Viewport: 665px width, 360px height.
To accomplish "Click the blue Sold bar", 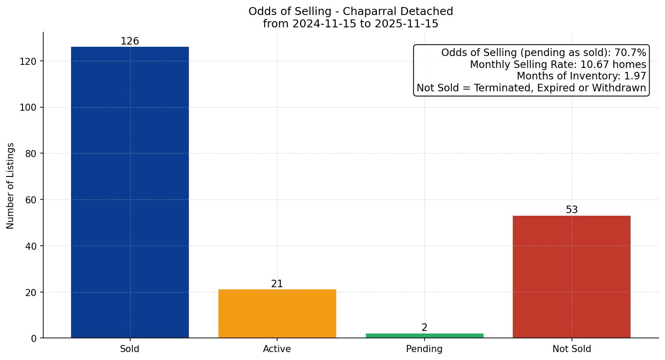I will (130, 192).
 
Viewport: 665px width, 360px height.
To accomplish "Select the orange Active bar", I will (277, 314).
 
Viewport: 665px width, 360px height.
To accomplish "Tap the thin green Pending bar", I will (425, 336).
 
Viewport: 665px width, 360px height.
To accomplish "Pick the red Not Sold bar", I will (571, 277).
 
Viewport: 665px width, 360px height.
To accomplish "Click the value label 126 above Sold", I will (130, 41).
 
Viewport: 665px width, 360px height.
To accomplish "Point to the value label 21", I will (277, 284).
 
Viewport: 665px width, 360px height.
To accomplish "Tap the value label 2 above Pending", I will (425, 328).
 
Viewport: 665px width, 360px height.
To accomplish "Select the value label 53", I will (571, 210).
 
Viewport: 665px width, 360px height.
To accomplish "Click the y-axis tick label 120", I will (28, 61).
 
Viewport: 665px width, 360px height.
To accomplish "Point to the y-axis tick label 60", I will (30, 200).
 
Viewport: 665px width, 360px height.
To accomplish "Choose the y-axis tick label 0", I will (34, 338).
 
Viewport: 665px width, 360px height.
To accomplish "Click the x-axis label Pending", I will (424, 349).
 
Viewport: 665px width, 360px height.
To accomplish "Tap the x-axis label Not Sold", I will (571, 349).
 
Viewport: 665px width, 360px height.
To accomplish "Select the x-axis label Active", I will (277, 349).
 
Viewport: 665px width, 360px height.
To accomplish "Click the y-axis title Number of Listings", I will (11, 186).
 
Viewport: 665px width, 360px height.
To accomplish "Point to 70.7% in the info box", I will (630, 53).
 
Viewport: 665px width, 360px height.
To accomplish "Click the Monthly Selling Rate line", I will (558, 65).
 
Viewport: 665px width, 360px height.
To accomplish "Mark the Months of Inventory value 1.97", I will (635, 76).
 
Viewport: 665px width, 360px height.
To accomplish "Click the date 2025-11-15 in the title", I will (406, 24).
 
